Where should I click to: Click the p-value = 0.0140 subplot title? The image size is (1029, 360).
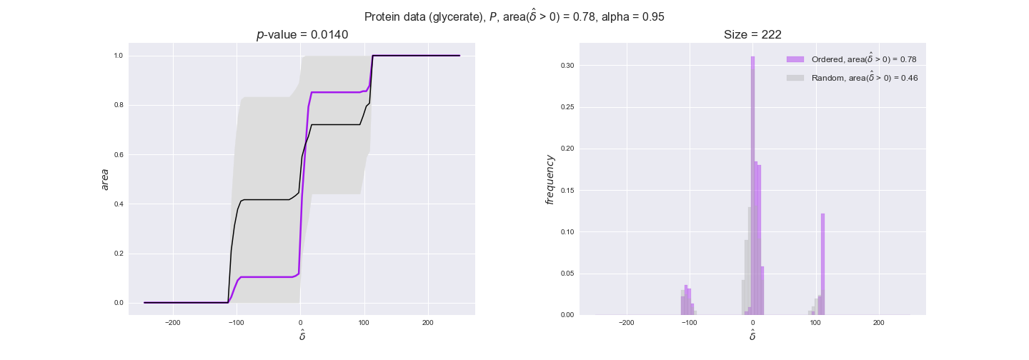(x=302, y=35)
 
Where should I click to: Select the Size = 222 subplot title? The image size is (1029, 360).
(x=752, y=35)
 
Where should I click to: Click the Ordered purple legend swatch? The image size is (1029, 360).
(x=795, y=59)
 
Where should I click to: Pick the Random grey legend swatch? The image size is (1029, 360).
(x=795, y=77)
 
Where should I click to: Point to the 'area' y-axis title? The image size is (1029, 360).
(x=105, y=179)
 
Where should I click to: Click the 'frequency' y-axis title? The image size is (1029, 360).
(x=550, y=179)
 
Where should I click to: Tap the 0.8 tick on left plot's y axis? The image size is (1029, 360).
(x=119, y=105)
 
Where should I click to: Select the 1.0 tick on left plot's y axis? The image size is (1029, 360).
(x=119, y=56)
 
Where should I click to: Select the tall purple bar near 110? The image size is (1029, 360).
(x=823, y=264)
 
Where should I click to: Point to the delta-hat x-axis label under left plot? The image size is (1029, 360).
(x=302, y=335)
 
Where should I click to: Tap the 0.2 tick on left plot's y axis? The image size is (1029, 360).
(x=119, y=254)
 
